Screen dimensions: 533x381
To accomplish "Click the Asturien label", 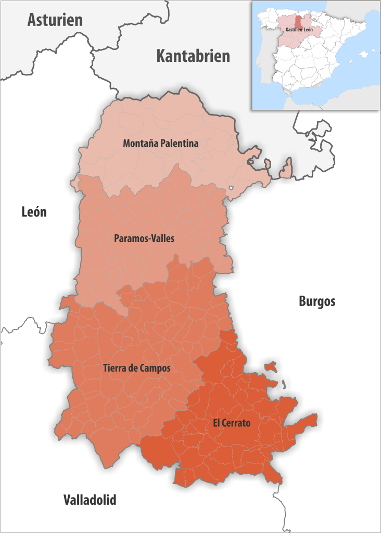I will point(55,20).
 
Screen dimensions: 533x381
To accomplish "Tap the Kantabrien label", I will point(193,56).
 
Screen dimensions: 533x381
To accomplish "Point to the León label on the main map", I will point(34,212).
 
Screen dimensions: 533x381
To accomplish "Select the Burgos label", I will point(317,301).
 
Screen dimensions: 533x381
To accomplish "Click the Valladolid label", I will point(90,500).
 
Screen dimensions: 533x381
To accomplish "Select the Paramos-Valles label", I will point(144,238).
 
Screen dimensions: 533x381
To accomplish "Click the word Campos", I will point(156,368).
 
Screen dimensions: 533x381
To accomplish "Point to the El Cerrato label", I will point(232,423).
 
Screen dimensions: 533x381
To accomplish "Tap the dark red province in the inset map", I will point(298,21).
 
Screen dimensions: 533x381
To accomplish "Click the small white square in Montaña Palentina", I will point(230,188).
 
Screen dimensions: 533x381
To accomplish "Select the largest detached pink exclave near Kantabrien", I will point(286,169).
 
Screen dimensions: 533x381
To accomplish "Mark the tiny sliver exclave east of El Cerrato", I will point(285,385).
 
